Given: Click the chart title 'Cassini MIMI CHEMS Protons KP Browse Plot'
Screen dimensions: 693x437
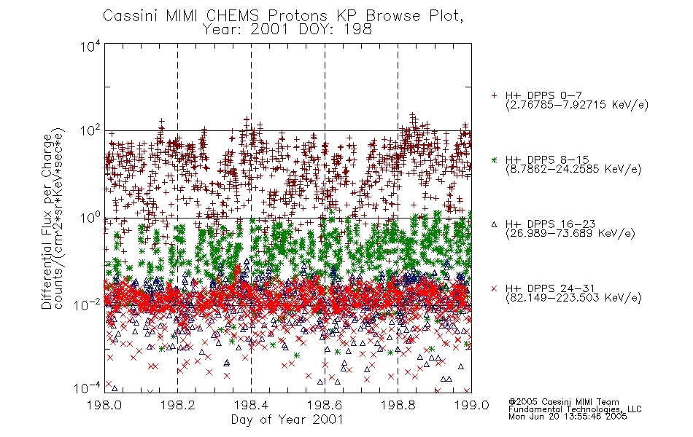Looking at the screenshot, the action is [x=283, y=16].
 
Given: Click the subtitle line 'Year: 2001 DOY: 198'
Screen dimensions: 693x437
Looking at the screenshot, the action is [x=287, y=30].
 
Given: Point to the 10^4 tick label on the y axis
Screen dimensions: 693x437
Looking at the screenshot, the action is [x=90, y=46].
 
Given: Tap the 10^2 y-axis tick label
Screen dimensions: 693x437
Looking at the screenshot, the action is [x=90, y=131].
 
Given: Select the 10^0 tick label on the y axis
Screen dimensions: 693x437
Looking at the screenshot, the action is [x=90, y=218].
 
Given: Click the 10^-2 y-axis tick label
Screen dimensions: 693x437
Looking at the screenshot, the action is [x=88, y=304].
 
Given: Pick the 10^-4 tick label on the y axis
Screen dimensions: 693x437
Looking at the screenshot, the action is [x=88, y=388].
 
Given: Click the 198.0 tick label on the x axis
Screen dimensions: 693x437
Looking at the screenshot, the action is [x=104, y=405].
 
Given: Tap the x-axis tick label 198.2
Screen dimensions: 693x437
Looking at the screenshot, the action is [x=178, y=405].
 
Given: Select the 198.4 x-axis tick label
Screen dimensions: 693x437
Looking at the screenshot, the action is [x=251, y=405].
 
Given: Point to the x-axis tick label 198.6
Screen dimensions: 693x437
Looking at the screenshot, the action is [x=325, y=405].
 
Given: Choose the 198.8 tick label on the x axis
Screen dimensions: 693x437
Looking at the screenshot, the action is [x=398, y=405].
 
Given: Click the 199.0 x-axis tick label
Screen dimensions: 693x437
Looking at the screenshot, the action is [x=471, y=405].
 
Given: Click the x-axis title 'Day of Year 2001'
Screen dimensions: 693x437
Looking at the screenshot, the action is [x=287, y=420].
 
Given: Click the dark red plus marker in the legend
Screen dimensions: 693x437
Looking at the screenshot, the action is [x=494, y=95].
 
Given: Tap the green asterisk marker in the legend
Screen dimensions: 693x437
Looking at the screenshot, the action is [x=494, y=160].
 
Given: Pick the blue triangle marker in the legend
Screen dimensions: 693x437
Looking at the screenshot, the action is [x=494, y=224].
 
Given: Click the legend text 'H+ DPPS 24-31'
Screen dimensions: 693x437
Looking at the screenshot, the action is [x=550, y=288].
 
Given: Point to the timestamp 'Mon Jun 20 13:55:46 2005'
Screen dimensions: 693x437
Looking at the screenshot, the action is [x=568, y=417].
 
